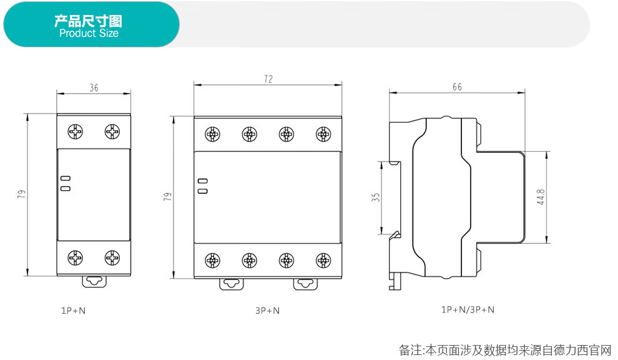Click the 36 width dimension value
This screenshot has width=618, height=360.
(x=94, y=88)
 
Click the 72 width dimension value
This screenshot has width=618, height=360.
(x=268, y=79)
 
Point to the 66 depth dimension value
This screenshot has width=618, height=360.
(x=457, y=87)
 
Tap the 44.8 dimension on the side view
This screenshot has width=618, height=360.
(x=541, y=197)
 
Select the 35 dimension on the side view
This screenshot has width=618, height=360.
(x=375, y=197)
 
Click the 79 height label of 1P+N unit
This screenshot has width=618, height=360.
(x=22, y=194)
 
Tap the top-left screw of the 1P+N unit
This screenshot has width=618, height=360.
(x=76, y=132)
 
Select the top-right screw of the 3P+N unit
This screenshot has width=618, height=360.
(x=323, y=134)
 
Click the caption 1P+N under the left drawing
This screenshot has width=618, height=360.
(x=73, y=309)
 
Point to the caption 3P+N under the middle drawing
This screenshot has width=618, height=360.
(x=267, y=309)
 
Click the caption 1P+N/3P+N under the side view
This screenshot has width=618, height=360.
(x=468, y=309)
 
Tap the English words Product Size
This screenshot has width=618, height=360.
(x=89, y=34)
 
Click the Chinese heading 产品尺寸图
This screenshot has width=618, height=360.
(x=88, y=21)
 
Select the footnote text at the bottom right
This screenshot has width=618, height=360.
(x=505, y=349)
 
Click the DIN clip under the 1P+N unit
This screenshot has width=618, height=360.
(x=94, y=281)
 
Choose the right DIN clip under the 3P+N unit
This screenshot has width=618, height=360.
(x=305, y=284)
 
